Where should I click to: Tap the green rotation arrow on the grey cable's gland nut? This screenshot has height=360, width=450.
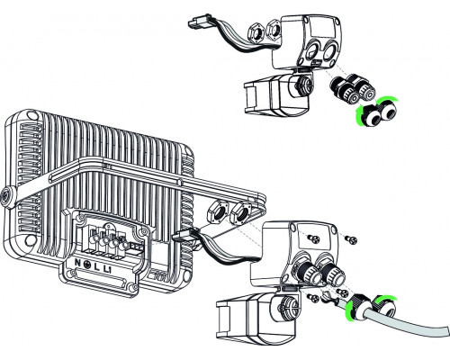(384, 307)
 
